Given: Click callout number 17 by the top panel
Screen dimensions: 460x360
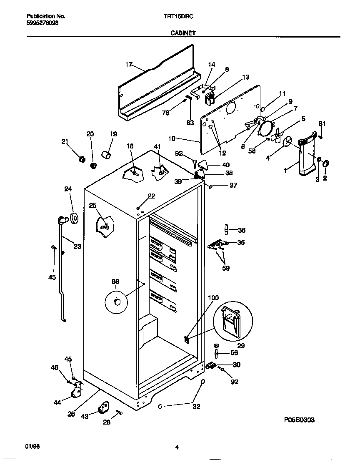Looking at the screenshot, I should pyautogui.click(x=129, y=64).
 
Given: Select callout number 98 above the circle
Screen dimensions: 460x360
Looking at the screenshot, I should pyautogui.click(x=115, y=282).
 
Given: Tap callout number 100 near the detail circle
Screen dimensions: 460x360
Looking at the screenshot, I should pyautogui.click(x=213, y=298).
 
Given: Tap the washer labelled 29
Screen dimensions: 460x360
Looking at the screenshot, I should pyautogui.click(x=217, y=346).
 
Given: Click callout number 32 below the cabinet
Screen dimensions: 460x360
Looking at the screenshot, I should pyautogui.click(x=197, y=407).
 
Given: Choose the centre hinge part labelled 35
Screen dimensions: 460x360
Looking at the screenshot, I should pyautogui.click(x=217, y=245).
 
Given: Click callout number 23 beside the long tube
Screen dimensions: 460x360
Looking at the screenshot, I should pyautogui.click(x=77, y=246).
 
